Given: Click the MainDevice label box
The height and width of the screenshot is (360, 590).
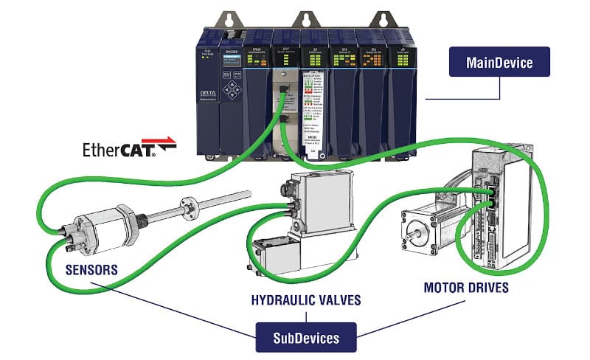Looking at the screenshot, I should pyautogui.click(x=499, y=63).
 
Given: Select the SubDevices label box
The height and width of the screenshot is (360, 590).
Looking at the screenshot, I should pyautogui.click(x=306, y=338).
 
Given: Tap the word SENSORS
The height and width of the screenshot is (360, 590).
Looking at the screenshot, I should pyautogui.click(x=91, y=269).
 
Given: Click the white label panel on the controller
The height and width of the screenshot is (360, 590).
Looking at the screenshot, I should pyautogui.click(x=315, y=107).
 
